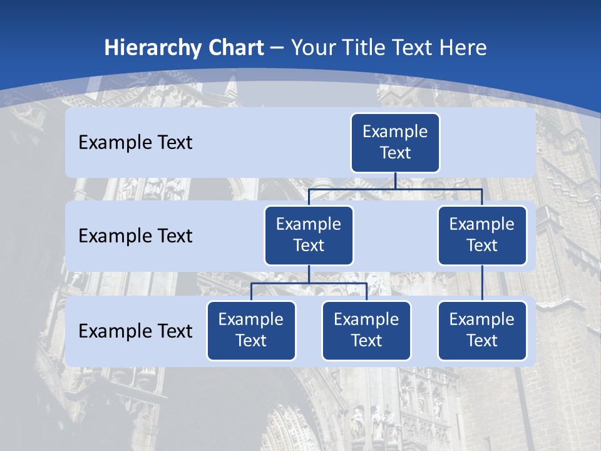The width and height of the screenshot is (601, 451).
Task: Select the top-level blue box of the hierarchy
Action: coord(395,143)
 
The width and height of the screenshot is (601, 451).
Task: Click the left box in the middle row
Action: coord(309,236)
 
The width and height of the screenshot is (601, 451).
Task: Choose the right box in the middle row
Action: coord(482,236)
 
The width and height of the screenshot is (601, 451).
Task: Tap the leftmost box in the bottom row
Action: coord(251,331)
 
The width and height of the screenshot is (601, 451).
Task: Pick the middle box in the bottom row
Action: coord(366,331)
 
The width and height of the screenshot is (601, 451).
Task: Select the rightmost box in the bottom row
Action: coord(482,331)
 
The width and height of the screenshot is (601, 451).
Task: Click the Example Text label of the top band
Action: coord(135,143)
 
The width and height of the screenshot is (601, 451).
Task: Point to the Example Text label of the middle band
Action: coord(135,236)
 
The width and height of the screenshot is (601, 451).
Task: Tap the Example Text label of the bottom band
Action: coord(135,331)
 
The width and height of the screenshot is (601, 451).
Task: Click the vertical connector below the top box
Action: coord(395,180)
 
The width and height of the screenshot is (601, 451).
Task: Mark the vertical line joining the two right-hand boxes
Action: coord(482,283)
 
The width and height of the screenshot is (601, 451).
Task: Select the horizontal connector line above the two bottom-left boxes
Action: coord(282,283)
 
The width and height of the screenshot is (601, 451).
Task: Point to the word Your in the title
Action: coord(314,48)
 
